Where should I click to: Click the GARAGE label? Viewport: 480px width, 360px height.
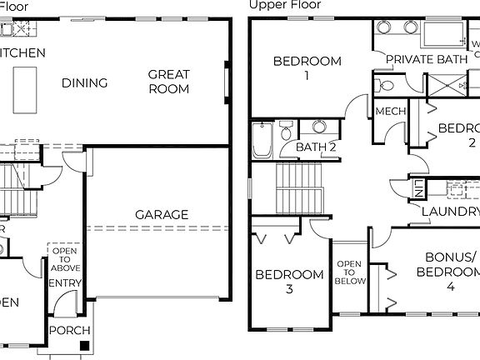coord(162,214)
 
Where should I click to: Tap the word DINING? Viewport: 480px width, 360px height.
coord(84,82)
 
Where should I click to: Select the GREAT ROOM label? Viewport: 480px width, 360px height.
coord(169,82)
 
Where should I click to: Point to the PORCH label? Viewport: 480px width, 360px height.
coord(70,331)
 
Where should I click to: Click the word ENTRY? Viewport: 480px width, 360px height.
coord(65,283)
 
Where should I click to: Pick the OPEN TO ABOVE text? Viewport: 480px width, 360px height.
coord(65,257)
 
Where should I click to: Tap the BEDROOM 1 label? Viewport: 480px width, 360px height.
coord(307,67)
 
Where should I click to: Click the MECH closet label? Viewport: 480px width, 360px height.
coord(390,112)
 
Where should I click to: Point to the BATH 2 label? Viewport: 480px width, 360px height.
coord(316,147)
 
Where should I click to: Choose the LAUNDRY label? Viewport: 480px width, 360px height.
coord(451,212)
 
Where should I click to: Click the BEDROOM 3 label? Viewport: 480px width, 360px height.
coord(289,282)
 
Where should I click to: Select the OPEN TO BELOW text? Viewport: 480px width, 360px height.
coord(349,272)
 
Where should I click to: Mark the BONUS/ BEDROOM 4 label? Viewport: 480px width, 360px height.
coord(451,272)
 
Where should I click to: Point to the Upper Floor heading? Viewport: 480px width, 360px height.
coord(285,5)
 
